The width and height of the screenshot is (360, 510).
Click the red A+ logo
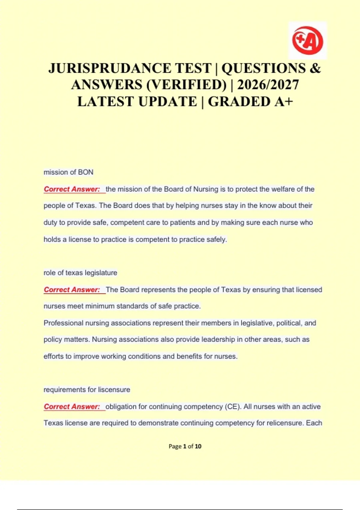coord(307,40)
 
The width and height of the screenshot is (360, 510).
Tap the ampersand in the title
coord(315,68)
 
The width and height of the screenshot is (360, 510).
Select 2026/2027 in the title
coord(268,85)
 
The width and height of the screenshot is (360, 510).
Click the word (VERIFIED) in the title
coord(186,85)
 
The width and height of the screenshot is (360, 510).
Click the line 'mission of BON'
coord(68,172)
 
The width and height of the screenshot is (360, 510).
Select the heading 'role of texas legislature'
coord(80,273)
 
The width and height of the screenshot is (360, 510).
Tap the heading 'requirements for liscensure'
coord(87,390)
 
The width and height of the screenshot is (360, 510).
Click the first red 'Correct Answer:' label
coord(72,189)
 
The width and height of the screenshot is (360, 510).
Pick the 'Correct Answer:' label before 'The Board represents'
coord(72,290)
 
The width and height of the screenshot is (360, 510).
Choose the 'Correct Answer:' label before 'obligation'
coord(72,407)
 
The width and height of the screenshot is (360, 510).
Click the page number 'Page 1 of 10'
coord(185,446)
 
